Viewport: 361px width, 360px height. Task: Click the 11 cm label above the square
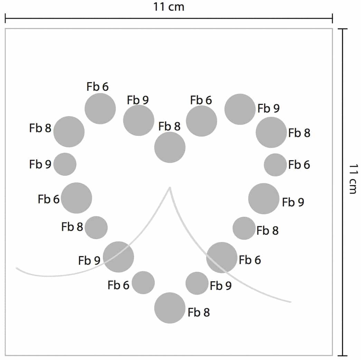169,7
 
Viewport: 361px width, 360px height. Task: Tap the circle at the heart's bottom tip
170,308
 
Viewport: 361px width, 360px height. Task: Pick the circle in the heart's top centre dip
170,147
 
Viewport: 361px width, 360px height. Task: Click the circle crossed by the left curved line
118,257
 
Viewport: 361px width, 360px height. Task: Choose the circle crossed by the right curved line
221,257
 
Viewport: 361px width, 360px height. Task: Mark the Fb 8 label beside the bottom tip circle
199,313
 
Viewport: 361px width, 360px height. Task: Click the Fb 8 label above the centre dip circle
169,126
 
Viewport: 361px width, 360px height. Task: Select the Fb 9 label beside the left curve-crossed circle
89,261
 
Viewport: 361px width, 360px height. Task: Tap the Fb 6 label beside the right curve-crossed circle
250,260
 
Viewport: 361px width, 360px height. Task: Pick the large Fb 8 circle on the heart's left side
69,132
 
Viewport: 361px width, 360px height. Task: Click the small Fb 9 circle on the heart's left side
65,164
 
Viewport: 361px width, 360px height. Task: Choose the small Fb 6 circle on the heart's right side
275,165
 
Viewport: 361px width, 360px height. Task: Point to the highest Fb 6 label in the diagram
97,87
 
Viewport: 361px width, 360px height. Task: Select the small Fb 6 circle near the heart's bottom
143,283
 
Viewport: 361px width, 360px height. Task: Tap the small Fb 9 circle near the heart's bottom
197,283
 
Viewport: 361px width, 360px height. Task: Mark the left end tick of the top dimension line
6,18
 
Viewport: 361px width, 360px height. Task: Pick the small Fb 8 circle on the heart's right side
244,228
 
